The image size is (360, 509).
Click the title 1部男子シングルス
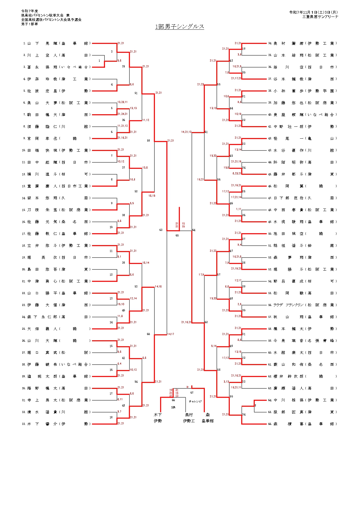(180, 27)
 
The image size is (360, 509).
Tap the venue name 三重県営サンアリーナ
(320, 17)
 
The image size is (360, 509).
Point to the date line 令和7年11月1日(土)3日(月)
(313, 12)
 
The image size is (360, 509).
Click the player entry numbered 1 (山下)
(57, 44)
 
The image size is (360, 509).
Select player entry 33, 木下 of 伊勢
(57, 424)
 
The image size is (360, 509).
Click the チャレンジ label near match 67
(195, 401)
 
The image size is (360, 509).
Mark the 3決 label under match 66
(173, 407)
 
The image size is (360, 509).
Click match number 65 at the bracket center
(177, 236)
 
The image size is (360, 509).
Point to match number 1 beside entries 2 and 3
(99, 61)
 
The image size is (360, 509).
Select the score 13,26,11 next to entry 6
(122, 102)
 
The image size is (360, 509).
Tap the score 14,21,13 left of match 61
(186, 132)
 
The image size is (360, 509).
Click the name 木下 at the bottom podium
(158, 415)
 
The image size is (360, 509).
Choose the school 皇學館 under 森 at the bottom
(208, 421)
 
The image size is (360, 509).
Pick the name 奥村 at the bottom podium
(189, 415)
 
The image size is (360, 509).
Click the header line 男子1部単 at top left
(30, 24)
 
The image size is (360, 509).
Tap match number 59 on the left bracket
(149, 141)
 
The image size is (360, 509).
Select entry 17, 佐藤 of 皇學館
(57, 234)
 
